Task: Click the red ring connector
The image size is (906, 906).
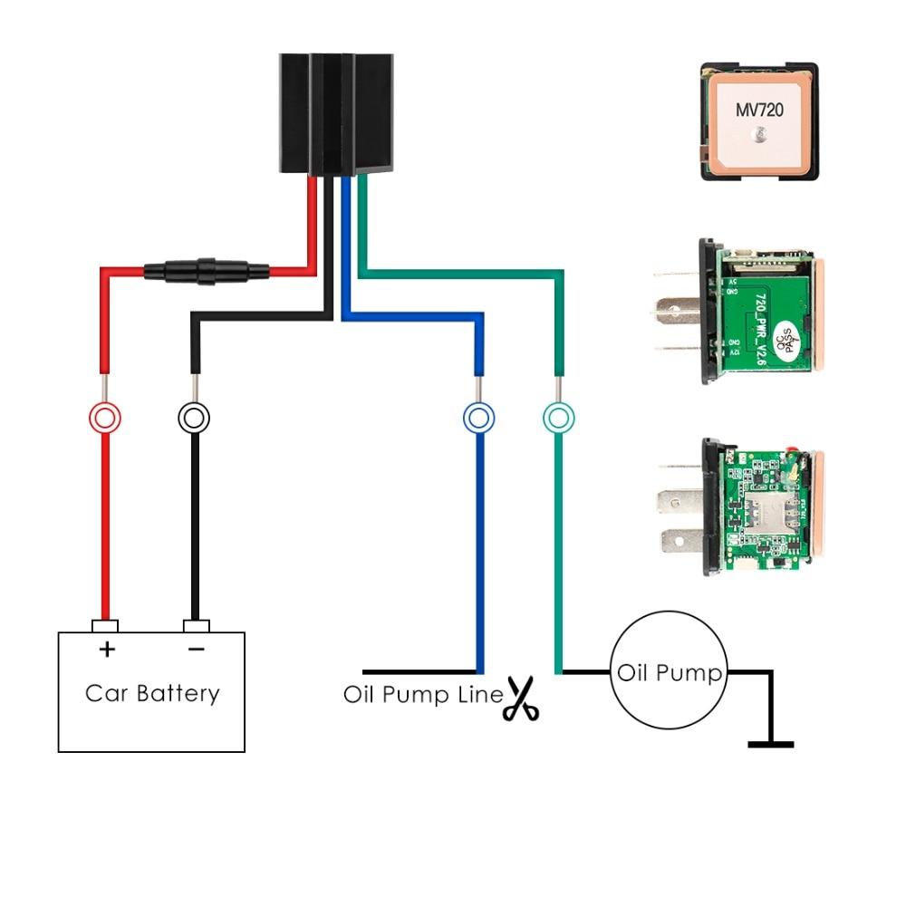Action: point(104,418)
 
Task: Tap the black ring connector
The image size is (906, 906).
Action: point(194,418)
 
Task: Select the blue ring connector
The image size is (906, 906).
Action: point(478,418)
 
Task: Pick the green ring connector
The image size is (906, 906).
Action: point(558,418)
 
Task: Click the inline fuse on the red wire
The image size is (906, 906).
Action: point(207,269)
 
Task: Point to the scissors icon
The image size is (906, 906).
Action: point(521,699)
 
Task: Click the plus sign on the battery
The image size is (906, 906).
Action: point(107,649)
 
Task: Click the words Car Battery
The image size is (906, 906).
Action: point(152,694)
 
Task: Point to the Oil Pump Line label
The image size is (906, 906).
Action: point(422,695)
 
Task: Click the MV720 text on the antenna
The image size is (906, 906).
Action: point(758,110)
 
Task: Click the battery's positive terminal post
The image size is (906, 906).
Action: point(105,626)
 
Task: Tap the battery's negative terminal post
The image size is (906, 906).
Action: point(196,626)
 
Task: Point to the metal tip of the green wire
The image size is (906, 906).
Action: point(558,387)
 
